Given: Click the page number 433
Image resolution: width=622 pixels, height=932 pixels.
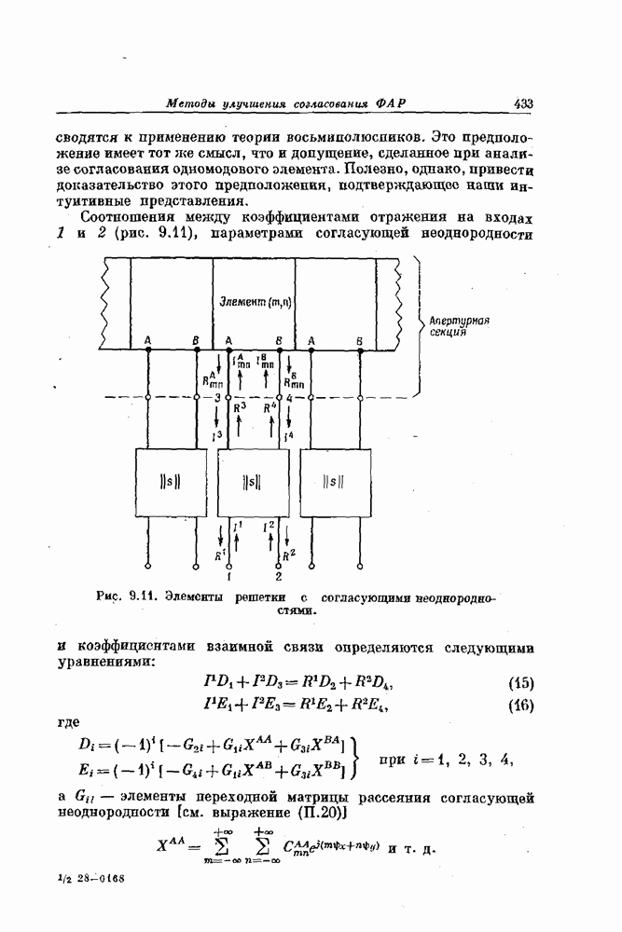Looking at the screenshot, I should [x=521, y=103].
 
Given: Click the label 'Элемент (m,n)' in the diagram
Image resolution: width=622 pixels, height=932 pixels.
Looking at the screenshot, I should [x=254, y=301].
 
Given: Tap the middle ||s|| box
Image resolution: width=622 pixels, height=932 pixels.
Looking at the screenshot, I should [x=250, y=482].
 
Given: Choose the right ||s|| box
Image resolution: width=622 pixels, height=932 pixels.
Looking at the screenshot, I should [x=333, y=482].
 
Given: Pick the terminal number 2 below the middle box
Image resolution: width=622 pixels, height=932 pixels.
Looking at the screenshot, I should [x=277, y=575].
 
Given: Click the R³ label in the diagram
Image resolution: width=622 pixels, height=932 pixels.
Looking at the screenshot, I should [x=242, y=407].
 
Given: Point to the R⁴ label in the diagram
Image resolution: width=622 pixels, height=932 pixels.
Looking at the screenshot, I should [x=270, y=407].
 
